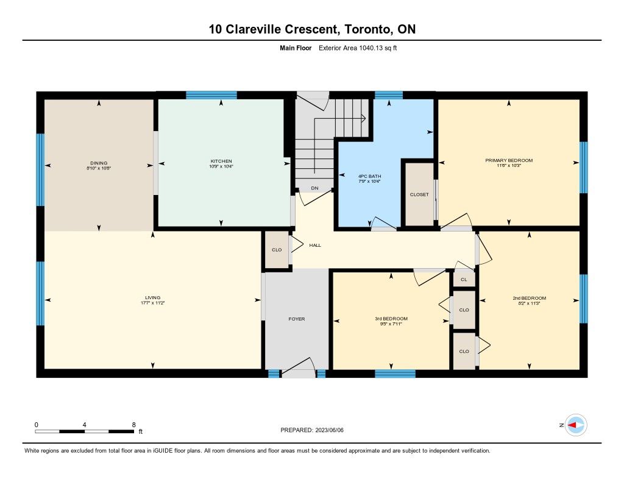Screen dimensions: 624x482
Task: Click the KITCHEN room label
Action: (221, 161)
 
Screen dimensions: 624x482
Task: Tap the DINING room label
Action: (99, 163)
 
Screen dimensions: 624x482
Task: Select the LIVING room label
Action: (153, 297)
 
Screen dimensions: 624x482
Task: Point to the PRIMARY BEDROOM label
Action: (509, 160)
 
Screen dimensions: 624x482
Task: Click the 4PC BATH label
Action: (370, 176)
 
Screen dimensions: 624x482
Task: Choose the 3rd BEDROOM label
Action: (391, 319)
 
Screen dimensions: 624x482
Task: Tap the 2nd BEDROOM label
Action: (530, 298)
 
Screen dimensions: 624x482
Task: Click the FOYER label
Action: (297, 319)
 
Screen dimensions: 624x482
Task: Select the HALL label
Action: (315, 245)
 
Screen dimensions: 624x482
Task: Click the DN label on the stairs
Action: (315, 188)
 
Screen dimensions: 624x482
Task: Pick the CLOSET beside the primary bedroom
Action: (419, 194)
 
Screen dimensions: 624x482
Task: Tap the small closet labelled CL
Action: (464, 280)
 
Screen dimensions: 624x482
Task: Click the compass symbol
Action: (576, 425)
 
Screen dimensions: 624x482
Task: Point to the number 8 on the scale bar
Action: (133, 425)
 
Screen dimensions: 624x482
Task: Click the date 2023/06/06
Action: (330, 430)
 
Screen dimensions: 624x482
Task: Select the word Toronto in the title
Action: (367, 29)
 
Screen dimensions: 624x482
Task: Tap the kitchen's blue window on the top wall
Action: (211, 95)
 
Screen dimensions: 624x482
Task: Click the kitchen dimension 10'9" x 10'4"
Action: (221, 166)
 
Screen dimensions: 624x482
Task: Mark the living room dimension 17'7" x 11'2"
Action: (153, 303)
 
